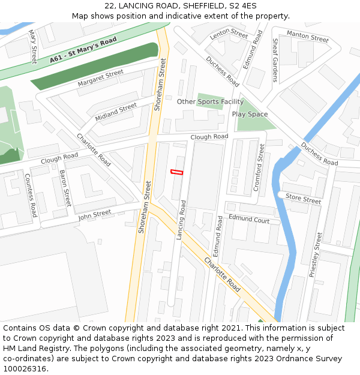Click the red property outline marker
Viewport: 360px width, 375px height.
pos(176,172)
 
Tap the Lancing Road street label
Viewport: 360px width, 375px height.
pos(182,220)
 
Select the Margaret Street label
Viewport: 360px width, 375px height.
pos(100,78)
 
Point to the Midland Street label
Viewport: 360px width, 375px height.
pos(116,112)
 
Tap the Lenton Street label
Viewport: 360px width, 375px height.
pos(229,34)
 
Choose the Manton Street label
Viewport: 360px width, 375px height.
pos(307,37)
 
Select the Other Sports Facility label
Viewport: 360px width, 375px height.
pos(210,101)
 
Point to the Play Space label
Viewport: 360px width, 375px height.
pos(250,114)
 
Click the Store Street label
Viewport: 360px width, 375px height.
pos(303,199)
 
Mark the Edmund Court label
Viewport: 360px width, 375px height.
pos(248,220)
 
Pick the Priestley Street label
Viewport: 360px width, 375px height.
pos(316,254)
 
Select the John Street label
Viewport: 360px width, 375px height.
pos(94,214)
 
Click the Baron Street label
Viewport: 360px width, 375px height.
pos(65,188)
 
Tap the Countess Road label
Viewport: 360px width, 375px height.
pos(31,195)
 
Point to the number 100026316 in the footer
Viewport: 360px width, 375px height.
pos(24,368)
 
